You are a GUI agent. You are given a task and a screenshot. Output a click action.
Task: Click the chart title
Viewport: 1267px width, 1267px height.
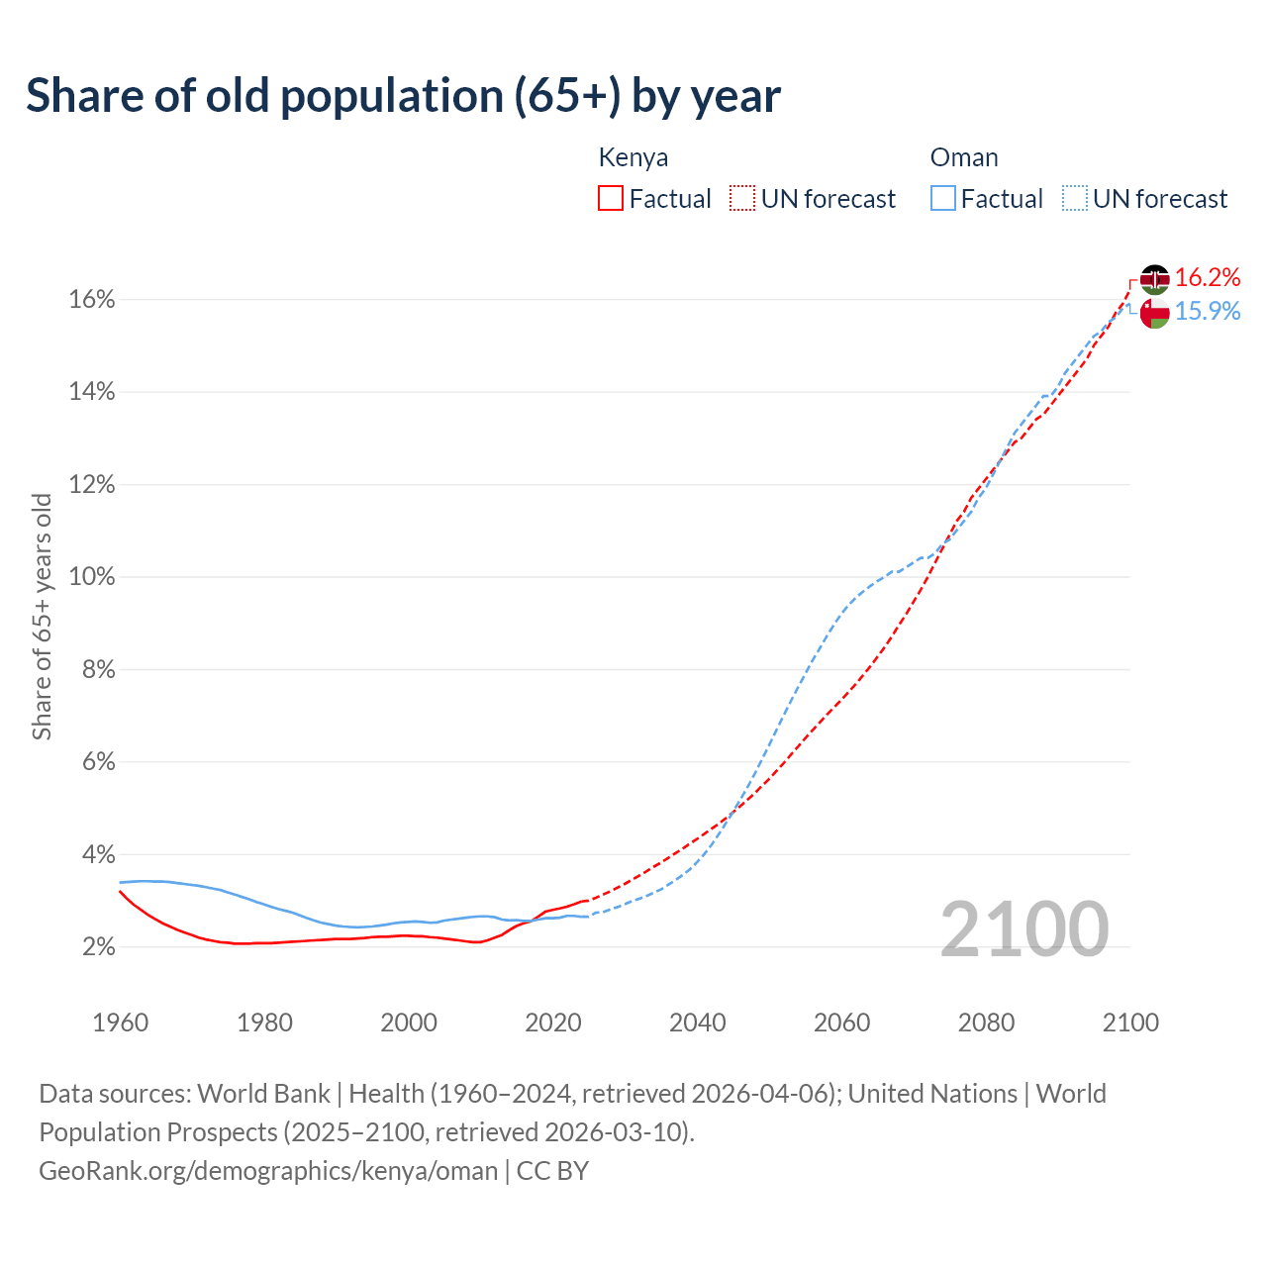[403, 96]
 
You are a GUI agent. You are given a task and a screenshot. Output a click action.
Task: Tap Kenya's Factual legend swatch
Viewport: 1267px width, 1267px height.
[611, 199]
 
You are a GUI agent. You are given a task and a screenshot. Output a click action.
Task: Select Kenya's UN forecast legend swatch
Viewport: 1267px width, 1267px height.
[742, 199]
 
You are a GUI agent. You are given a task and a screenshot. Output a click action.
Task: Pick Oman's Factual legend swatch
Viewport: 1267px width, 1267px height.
[943, 199]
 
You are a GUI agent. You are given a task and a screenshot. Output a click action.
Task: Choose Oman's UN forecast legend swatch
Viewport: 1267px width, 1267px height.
[1075, 199]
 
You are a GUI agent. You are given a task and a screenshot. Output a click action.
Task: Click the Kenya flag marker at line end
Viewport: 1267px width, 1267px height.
[1154, 279]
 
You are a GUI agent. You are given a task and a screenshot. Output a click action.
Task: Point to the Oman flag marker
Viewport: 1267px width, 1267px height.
[1154, 313]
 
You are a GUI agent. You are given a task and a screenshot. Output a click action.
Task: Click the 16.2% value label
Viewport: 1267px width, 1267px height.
[1208, 278]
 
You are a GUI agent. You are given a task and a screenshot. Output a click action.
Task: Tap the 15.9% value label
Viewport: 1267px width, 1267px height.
[1208, 312]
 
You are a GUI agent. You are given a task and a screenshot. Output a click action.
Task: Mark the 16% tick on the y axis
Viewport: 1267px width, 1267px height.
[92, 300]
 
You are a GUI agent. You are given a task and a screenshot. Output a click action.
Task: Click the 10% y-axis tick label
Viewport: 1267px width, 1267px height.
[92, 577]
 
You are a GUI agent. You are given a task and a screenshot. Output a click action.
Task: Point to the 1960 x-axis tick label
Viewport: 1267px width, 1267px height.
[121, 1023]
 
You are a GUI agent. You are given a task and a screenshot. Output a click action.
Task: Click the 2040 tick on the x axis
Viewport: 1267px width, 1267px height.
[698, 1023]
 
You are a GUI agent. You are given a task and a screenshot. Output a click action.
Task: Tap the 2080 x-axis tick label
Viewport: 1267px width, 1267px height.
[986, 1023]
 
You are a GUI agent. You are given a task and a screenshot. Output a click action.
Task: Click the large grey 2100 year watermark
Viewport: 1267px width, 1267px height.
[1024, 929]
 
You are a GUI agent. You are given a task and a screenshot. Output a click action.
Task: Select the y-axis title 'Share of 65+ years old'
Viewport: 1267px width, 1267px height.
[42, 617]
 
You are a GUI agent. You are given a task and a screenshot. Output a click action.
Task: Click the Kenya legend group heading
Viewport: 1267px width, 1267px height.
[633, 157]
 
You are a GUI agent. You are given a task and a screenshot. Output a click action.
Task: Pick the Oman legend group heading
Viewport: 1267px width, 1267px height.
[964, 157]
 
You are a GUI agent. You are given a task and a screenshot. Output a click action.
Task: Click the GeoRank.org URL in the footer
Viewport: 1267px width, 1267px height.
[268, 1171]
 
